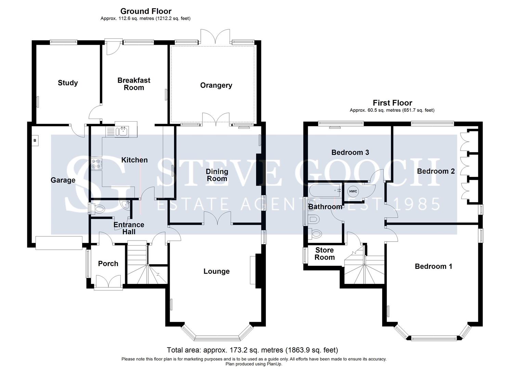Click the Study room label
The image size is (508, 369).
pos(68,83)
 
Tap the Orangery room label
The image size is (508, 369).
pos(216,85)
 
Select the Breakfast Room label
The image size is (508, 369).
pos(134,84)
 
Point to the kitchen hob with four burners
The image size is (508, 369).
pos(96,164)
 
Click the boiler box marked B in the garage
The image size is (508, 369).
pos(35,140)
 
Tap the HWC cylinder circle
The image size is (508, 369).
pos(353,191)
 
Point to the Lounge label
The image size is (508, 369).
pos(216,271)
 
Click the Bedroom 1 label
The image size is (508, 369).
pos(433,266)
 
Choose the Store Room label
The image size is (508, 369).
pos(324,254)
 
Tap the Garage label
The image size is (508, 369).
pos(63,180)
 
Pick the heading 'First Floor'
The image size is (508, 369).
pos(392,103)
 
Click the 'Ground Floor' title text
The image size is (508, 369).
pos(146,11)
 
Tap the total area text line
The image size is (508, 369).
pos(252,350)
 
